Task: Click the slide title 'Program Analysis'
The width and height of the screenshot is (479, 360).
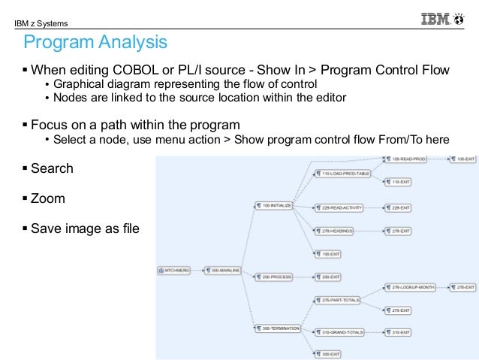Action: tap(95, 42)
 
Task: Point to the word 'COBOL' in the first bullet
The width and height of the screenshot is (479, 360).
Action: tap(149, 71)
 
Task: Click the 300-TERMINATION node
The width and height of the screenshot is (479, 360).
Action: tap(276, 328)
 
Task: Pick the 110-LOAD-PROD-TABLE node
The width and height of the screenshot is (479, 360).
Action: tap(342, 174)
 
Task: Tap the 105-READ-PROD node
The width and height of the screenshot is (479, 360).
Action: tap(408, 159)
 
